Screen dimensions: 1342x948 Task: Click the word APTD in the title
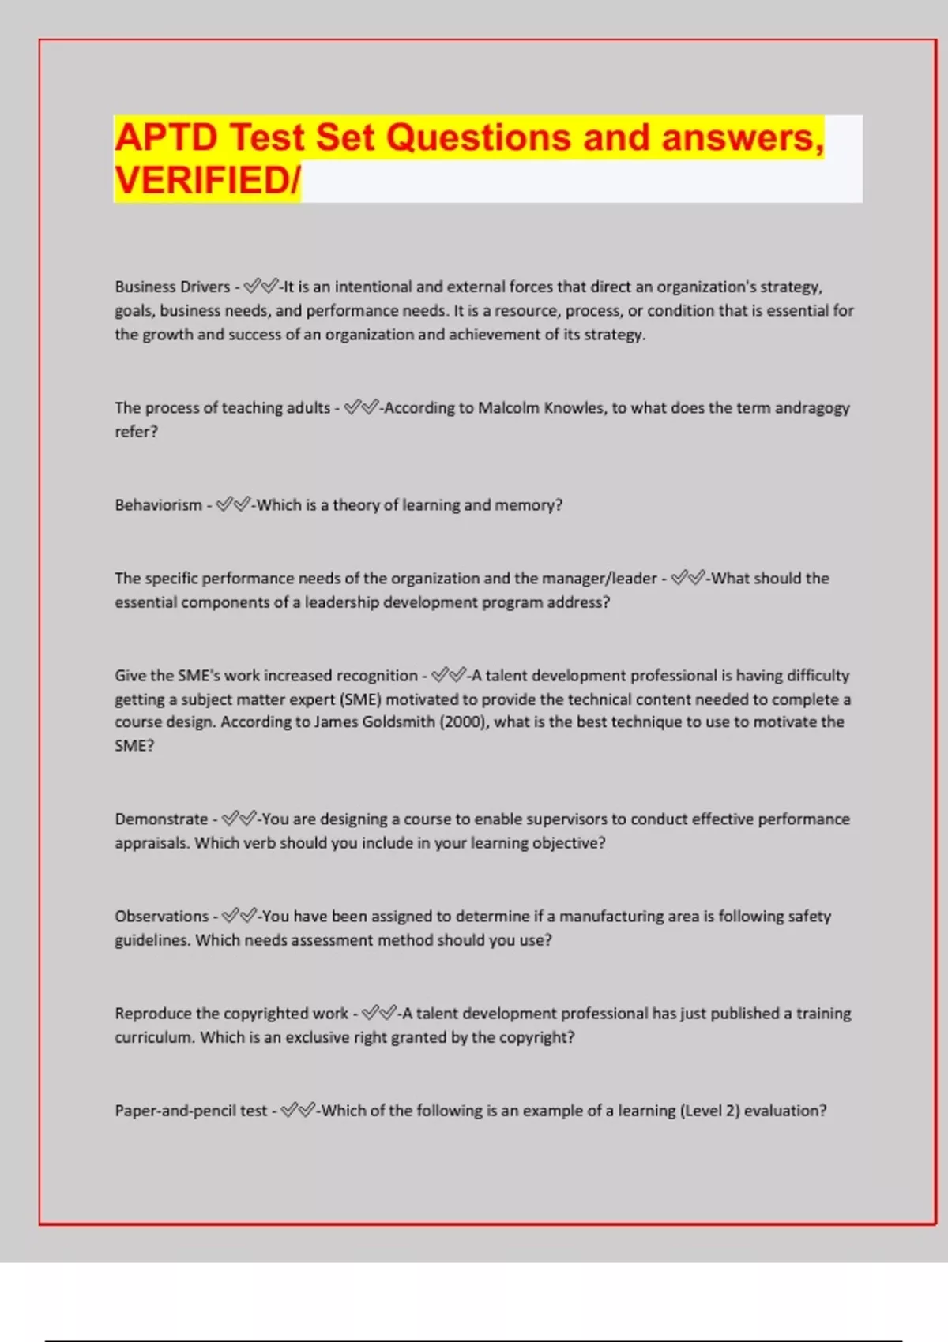pos(166,138)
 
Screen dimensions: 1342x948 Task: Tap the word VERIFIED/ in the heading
pos(207,181)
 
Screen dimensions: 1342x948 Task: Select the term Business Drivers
pos(172,287)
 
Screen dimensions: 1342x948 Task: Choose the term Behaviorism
pos(158,505)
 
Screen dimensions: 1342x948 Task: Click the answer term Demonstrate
pos(161,819)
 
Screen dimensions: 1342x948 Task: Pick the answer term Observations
pos(161,917)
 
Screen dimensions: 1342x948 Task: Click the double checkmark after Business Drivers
pos(261,286)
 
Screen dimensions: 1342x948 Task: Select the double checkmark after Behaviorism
pos(233,504)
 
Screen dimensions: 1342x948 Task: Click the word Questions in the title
pos(478,138)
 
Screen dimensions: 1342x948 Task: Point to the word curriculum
pos(153,1037)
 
